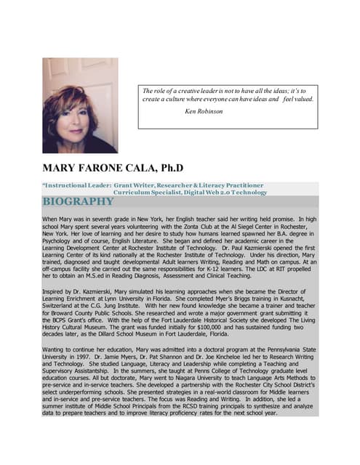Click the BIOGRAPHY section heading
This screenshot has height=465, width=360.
(x=78, y=201)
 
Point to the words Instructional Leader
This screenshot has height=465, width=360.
(x=76, y=186)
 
